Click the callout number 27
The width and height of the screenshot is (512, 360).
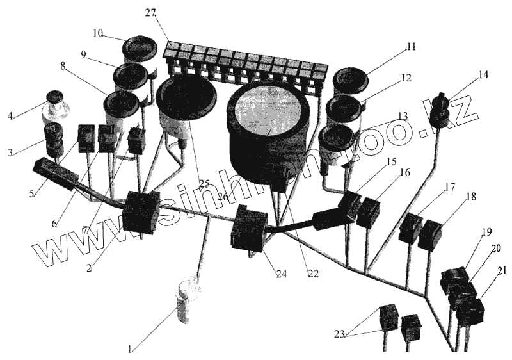[x=152, y=12]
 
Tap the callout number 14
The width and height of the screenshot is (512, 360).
[x=483, y=74]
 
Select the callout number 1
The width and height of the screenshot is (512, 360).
[x=130, y=350]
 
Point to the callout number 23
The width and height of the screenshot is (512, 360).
[x=340, y=333]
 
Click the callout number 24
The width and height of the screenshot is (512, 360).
[x=282, y=274]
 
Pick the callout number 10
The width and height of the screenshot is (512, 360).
[x=97, y=32]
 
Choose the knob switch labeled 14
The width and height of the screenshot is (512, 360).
[x=440, y=110]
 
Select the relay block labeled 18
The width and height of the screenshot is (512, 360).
[x=430, y=235]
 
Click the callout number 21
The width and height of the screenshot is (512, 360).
[x=501, y=270]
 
